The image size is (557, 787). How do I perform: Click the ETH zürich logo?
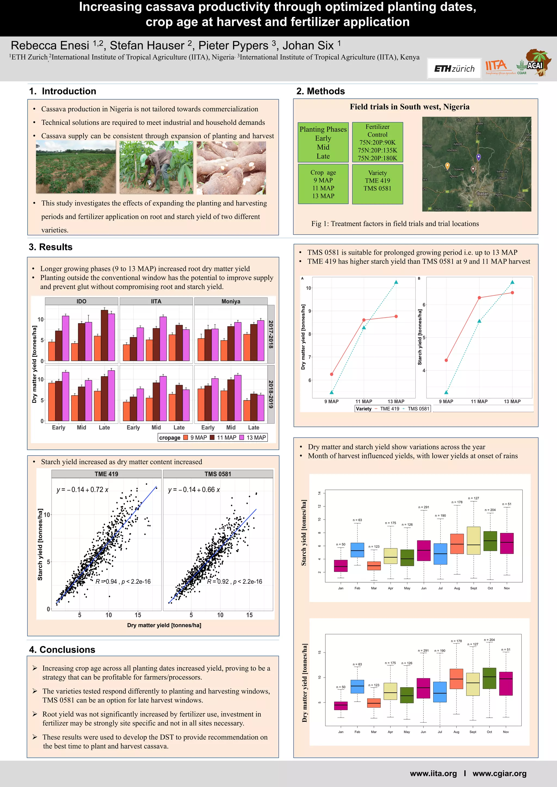click(x=454, y=69)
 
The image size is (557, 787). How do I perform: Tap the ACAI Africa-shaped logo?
click(x=537, y=62)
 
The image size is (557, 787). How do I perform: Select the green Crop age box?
click(x=323, y=184)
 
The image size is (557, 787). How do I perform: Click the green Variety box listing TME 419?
click(x=377, y=184)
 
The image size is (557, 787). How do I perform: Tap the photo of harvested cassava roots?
click(x=231, y=168)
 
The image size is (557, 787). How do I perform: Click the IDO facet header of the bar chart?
click(x=81, y=301)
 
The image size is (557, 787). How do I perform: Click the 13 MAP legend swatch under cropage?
click(x=242, y=437)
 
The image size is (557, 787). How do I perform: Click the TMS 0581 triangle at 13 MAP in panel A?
click(x=396, y=282)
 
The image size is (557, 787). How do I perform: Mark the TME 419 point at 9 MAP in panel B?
click(x=446, y=360)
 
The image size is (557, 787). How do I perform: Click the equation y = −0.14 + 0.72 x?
click(x=82, y=490)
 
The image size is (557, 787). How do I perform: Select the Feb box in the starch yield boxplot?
click(x=357, y=550)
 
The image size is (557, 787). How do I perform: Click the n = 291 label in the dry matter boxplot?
click(x=423, y=650)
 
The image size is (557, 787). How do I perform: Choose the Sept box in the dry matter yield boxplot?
click(x=473, y=684)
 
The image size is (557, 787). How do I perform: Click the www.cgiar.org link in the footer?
click(x=499, y=773)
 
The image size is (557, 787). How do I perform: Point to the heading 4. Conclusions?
click(x=62, y=649)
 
